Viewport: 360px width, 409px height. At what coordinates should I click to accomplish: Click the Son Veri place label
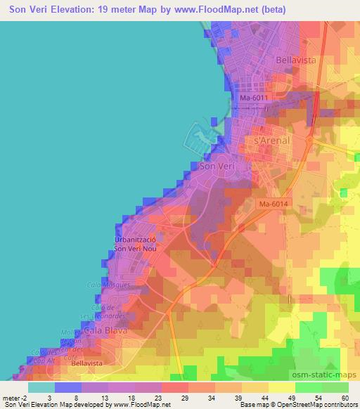(x=214, y=167)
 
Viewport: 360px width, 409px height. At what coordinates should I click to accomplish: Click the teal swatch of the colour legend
(x=41, y=387)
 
